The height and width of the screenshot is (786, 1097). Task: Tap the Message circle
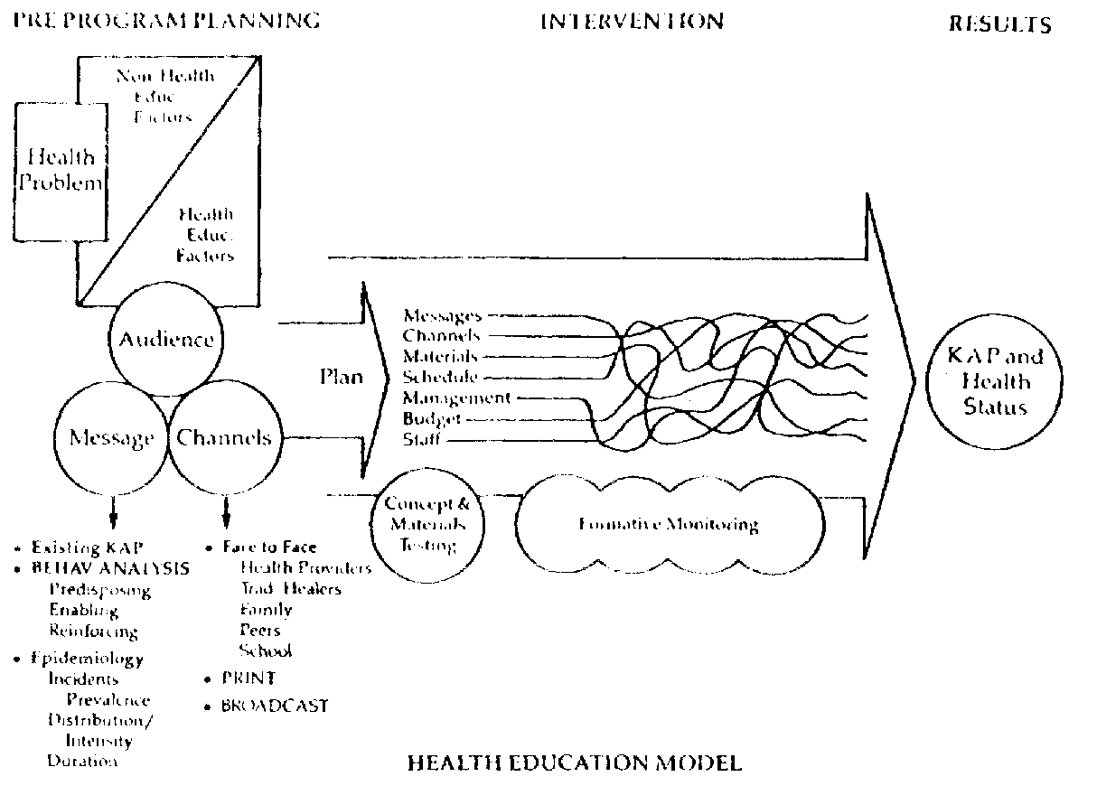click(x=113, y=438)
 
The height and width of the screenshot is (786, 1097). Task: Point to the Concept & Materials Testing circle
click(x=426, y=524)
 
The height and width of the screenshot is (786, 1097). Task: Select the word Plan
click(x=341, y=376)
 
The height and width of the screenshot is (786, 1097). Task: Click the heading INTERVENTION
click(x=631, y=21)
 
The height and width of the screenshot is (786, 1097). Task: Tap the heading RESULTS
click(x=999, y=24)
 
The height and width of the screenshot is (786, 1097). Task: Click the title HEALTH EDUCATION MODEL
click(x=575, y=763)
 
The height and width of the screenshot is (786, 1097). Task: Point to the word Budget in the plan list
click(x=433, y=419)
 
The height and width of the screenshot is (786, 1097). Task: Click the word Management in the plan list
click(x=456, y=398)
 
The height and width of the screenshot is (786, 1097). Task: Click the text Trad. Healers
click(x=290, y=589)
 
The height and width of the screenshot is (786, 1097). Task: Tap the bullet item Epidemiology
click(x=87, y=659)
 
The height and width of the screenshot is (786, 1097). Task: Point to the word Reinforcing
click(x=93, y=632)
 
